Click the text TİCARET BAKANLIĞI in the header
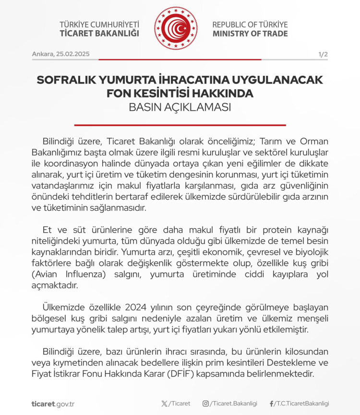click(x=99, y=34)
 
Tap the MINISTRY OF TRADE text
click(x=250, y=34)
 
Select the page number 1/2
click(x=323, y=54)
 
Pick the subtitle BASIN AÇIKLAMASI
click(x=180, y=107)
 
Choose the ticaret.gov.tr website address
click(x=53, y=403)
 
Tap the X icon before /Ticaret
click(x=165, y=403)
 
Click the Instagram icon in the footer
click(x=205, y=403)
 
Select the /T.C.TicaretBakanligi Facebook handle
click(x=301, y=403)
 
